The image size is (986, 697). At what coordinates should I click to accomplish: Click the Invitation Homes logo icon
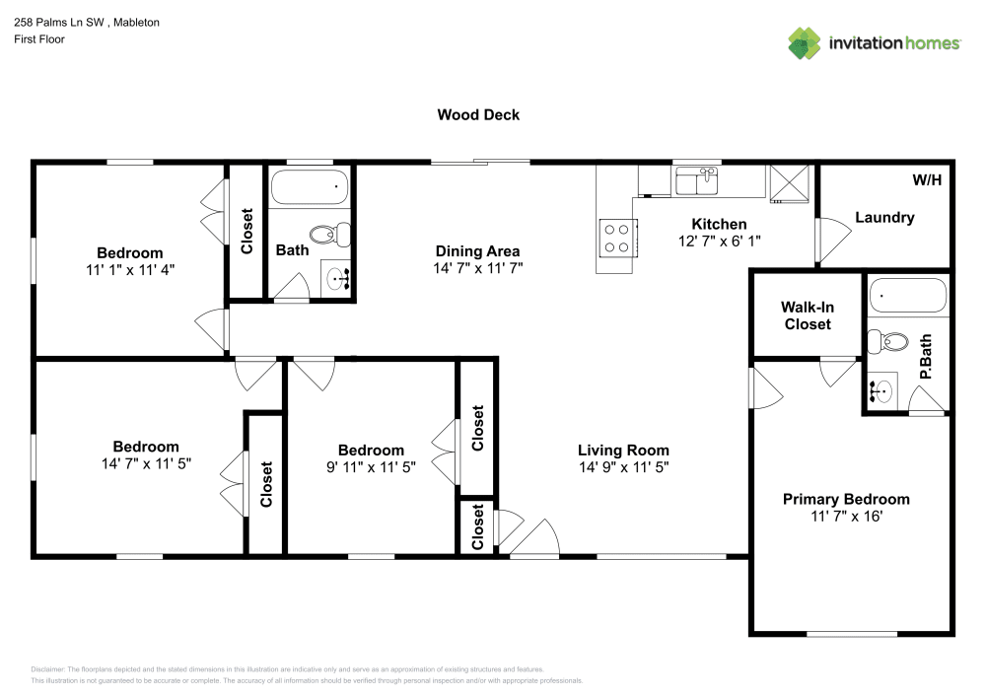tap(806, 43)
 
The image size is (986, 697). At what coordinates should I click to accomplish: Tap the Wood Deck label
tap(478, 114)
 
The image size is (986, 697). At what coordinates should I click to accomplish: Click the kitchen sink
tap(697, 181)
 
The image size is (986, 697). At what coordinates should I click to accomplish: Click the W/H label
tap(927, 180)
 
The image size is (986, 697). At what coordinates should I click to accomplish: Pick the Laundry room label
tap(884, 217)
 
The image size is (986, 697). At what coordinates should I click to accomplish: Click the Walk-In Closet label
tap(808, 315)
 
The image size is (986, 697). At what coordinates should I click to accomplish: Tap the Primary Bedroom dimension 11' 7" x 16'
tap(845, 516)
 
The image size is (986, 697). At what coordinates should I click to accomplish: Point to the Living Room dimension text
tap(623, 467)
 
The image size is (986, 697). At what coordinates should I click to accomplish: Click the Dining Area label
tap(477, 250)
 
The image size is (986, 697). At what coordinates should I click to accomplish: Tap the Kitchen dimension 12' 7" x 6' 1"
tap(719, 241)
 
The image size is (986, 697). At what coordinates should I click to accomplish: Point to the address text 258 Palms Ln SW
tap(59, 22)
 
